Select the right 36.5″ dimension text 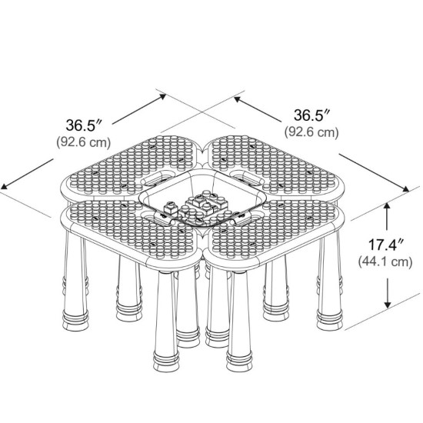coord(311,115)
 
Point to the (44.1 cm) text coord(385,261)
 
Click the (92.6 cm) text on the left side coord(84,142)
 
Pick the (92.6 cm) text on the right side coord(311,132)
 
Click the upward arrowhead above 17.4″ coord(388,207)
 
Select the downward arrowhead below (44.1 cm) coord(388,304)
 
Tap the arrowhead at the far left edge coord(5,186)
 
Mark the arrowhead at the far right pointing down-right coord(405,189)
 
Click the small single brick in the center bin coord(171,208)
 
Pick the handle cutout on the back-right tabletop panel coord(247,178)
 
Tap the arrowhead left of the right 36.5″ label coord(238,99)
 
